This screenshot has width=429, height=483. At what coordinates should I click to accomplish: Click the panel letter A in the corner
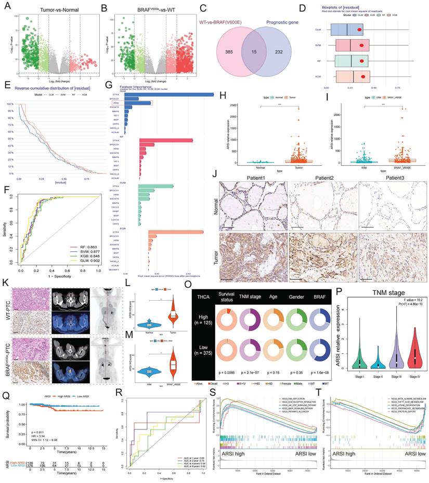pos(5,6)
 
